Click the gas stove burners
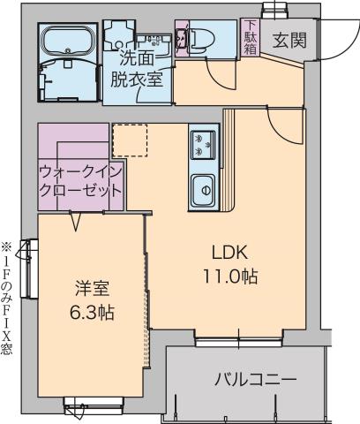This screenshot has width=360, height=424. pos(202,143)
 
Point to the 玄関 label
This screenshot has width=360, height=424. pos(289,40)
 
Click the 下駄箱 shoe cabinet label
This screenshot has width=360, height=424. pos(251,38)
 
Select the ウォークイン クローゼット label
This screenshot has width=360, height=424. pos(79,181)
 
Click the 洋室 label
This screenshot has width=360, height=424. pos(91,288)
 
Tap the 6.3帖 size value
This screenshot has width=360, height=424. pos(91,312)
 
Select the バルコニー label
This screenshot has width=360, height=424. pos(256,380)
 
